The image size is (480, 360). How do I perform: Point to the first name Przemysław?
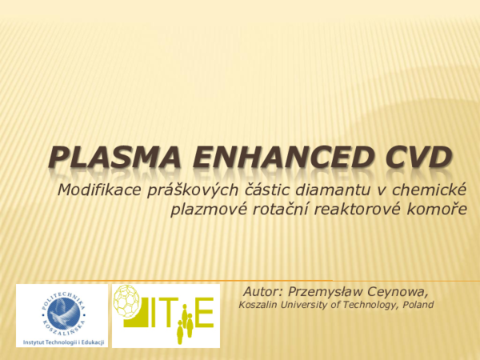[x=330, y=290]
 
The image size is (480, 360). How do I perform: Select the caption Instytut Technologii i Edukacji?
[x=61, y=340]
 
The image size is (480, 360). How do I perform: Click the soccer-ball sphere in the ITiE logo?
[x=131, y=302]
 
